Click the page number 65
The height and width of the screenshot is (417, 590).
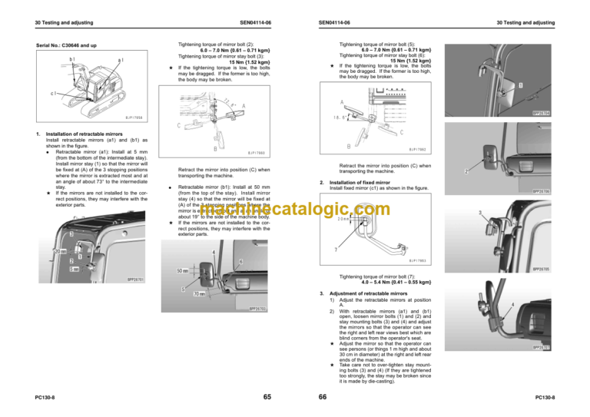(266, 396)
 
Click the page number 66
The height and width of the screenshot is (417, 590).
(323, 396)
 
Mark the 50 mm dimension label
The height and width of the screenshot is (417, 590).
(185, 270)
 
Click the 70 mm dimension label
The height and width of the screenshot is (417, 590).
(199, 293)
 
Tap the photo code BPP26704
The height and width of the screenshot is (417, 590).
(541, 113)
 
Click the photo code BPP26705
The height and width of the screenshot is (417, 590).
(541, 270)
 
